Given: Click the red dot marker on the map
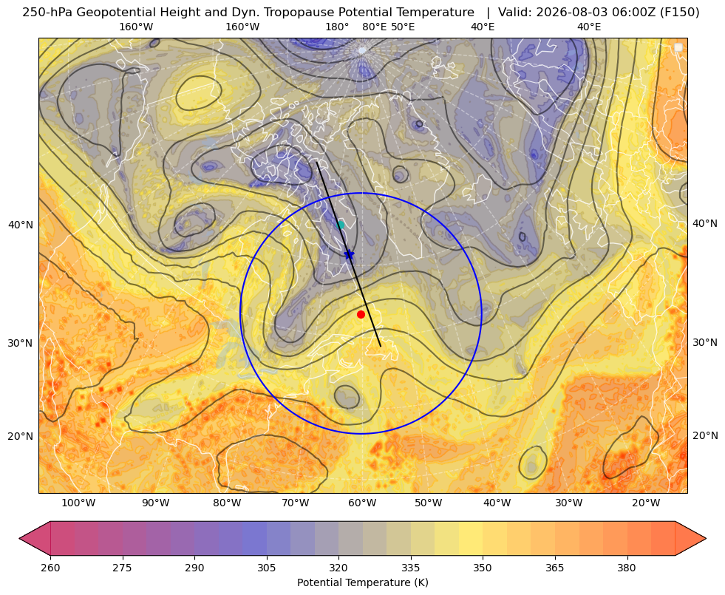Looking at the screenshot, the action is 361,314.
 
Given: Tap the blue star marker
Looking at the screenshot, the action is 349,255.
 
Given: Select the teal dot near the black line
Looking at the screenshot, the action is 341,225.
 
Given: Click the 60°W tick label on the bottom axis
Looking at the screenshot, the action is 361,503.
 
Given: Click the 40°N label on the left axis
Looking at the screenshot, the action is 21,225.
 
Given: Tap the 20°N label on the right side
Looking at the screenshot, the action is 705,435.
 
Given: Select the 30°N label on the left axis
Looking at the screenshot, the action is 21,343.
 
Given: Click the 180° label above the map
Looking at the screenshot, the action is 337,27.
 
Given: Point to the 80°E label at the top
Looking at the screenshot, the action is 375,27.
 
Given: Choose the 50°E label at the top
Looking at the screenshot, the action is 403,27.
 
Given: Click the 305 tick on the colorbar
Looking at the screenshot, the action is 267,568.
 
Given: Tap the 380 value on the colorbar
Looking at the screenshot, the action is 627,568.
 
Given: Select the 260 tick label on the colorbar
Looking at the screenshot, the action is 50,568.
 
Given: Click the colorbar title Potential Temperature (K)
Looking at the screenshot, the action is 362,582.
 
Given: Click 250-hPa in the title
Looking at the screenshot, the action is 47,13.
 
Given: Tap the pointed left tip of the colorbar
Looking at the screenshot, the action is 19,538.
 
